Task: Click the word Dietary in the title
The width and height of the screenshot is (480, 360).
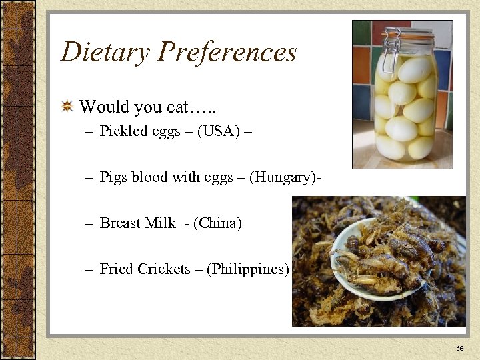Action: (101, 52)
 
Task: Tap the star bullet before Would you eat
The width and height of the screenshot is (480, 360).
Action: (67, 106)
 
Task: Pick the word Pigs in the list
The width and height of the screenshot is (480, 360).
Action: (113, 177)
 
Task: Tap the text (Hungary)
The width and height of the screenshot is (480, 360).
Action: (283, 177)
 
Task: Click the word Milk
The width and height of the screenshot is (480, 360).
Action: (161, 223)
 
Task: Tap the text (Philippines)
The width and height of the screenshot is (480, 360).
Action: (248, 269)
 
